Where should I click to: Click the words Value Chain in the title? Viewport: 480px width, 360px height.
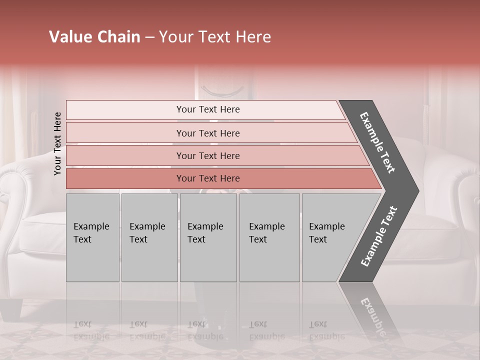94,37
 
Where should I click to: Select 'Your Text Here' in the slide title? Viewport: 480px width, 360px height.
215,37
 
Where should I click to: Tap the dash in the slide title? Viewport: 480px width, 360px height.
149,37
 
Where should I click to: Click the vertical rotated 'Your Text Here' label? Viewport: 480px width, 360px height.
57,143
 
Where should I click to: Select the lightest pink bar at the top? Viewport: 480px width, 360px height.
208,109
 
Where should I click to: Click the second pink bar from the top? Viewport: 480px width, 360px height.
208,133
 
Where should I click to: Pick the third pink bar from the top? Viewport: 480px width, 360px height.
208,155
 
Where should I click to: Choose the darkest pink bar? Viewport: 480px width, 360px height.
208,178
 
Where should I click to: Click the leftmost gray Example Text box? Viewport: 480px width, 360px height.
92,237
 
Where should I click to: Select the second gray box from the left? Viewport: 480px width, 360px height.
149,237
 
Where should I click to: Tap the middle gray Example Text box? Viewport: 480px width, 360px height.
208,237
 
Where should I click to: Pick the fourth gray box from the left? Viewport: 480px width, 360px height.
269,237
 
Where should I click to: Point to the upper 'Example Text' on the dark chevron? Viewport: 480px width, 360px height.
377,142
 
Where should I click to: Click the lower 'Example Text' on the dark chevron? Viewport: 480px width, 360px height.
379,236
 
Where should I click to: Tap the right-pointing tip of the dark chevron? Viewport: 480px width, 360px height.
416,191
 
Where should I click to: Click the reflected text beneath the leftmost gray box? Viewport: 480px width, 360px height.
91,330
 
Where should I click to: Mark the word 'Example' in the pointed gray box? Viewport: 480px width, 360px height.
326,226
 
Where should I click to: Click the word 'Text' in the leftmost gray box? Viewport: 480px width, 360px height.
82,239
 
